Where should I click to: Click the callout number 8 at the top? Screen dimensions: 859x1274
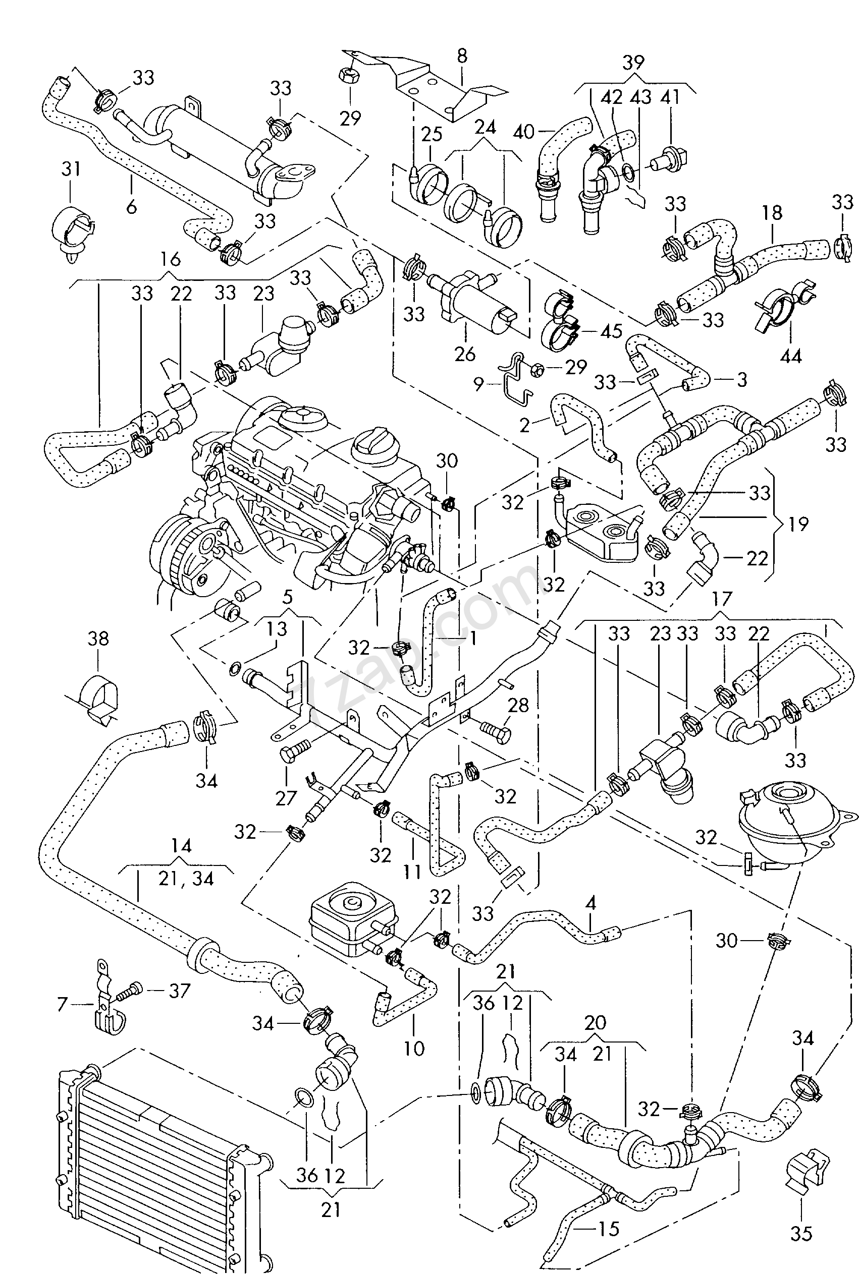coord(462,56)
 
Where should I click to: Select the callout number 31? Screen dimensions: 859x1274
coord(71,168)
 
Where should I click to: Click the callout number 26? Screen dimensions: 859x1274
coord(465,354)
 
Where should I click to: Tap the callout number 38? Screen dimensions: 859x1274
coord(98,639)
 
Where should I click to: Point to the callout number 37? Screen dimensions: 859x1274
coord(179,991)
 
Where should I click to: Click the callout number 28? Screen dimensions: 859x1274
coord(518,705)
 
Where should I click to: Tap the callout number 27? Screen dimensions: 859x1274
coord(286,799)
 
